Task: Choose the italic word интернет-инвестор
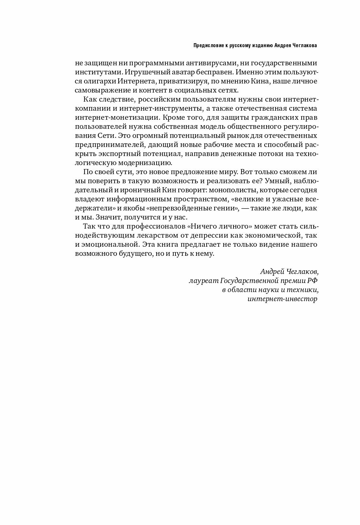(x=282, y=299)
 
